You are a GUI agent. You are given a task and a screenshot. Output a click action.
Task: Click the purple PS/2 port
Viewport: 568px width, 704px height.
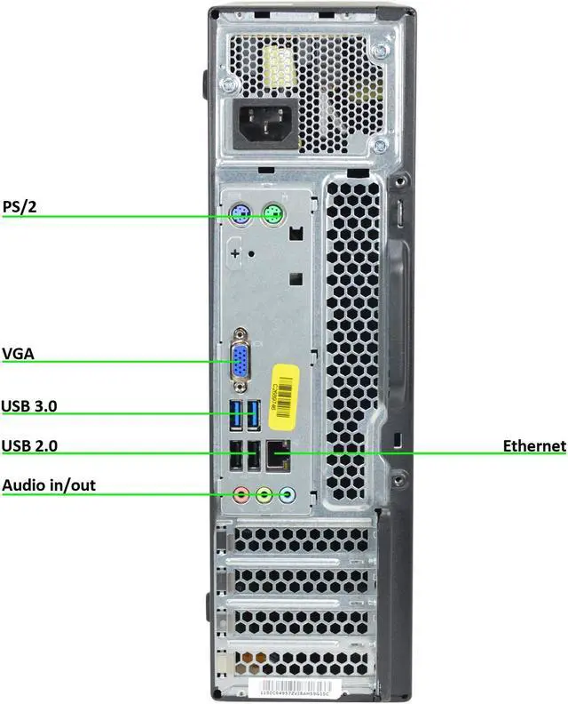coord(238,214)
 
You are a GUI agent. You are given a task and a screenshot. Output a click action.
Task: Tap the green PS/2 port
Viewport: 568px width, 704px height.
coord(275,214)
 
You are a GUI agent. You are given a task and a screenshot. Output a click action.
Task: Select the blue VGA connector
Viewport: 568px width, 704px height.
coord(240,361)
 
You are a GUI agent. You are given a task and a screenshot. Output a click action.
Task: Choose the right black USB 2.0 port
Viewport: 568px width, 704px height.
coord(254,457)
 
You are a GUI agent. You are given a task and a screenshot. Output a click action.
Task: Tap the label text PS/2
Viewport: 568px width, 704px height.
coord(20,207)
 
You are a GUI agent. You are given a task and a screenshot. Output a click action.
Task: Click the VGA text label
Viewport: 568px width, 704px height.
coord(18,355)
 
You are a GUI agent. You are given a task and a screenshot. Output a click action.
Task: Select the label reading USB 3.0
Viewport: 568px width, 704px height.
coord(30,406)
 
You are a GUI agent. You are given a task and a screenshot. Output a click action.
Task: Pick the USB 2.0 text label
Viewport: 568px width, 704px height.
coord(30,445)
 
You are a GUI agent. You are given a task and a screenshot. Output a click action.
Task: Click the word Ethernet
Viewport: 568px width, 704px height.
coord(533,445)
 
